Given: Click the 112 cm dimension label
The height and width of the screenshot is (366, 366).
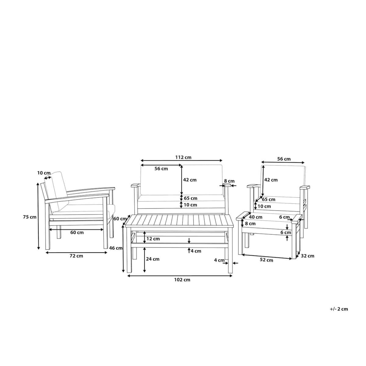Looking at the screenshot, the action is (183, 157).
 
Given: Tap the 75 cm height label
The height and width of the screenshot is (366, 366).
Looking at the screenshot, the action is (30, 217).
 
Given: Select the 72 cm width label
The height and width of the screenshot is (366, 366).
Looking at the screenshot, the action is (76, 256).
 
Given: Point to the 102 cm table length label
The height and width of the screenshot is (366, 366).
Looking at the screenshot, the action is (182, 280).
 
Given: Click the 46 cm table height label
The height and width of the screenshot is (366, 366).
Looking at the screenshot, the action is (116, 248).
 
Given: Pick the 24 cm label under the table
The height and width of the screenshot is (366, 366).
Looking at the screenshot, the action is (153, 259).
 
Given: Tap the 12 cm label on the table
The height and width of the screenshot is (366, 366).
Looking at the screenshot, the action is (153, 239).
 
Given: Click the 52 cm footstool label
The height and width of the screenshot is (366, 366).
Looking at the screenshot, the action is (267, 260).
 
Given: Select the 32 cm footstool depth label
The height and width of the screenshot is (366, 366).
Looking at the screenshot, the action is (308, 256).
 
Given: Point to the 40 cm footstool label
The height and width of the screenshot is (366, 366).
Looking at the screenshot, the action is (256, 217).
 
